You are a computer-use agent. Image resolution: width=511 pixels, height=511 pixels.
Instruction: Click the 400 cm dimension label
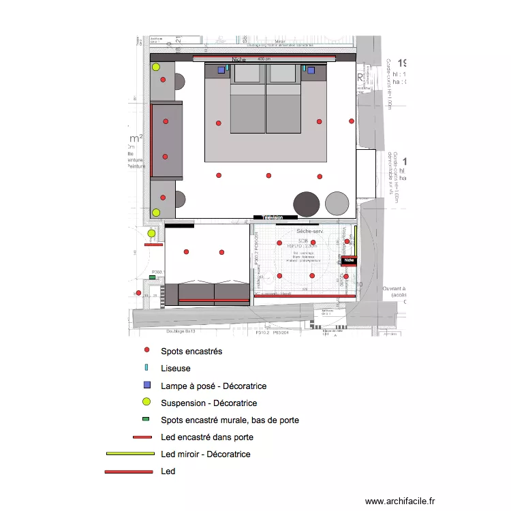(x=264, y=59)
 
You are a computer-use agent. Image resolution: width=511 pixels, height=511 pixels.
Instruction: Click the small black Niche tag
(x=350, y=260)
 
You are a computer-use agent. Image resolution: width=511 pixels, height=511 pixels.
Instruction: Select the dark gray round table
(x=307, y=203)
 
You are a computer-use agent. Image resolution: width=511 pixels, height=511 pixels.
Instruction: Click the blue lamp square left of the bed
(x=221, y=69)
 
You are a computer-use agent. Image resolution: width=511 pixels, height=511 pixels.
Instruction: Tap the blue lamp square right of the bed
(x=311, y=69)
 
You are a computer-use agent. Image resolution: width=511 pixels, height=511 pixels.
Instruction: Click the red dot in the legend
(x=146, y=352)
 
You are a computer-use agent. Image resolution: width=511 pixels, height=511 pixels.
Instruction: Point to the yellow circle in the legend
(x=146, y=403)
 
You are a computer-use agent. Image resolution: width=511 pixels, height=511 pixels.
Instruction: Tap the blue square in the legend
(x=146, y=386)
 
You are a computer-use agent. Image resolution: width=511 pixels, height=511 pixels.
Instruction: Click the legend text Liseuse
(x=175, y=369)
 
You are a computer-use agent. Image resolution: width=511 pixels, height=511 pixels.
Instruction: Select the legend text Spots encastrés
(x=191, y=352)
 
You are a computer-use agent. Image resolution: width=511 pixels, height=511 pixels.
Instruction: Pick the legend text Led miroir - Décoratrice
(x=206, y=454)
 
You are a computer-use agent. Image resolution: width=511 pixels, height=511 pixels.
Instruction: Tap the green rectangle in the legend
(x=146, y=420)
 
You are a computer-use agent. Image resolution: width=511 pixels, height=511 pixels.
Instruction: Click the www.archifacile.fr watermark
(x=399, y=500)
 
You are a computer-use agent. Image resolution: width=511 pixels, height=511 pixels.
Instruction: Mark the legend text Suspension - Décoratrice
(x=208, y=403)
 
